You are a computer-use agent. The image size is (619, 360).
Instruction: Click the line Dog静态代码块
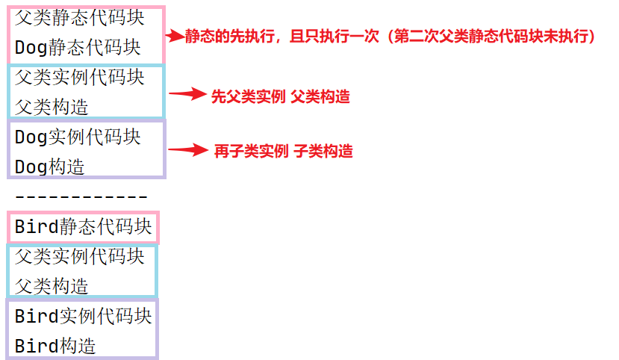[x=78, y=47]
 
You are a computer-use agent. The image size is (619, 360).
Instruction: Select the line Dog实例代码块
[x=78, y=137]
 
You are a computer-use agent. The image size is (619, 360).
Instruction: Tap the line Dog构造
[x=50, y=167]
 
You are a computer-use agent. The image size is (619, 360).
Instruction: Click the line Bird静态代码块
[x=84, y=226]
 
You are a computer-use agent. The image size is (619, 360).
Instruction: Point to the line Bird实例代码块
[x=84, y=316]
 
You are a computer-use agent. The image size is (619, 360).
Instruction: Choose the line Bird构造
[x=56, y=346]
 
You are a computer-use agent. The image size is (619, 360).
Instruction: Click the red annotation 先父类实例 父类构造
[x=281, y=96]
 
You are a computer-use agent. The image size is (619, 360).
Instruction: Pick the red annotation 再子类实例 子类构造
[x=283, y=151]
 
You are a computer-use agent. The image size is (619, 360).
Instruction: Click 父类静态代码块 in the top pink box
[x=79, y=16]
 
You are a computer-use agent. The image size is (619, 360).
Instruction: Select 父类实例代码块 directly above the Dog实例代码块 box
[x=79, y=77]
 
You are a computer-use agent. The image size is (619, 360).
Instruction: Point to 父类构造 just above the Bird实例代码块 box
[x=52, y=286]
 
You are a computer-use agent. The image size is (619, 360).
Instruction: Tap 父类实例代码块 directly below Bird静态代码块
[x=79, y=256]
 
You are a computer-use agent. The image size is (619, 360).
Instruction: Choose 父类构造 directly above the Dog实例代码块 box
[x=52, y=107]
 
